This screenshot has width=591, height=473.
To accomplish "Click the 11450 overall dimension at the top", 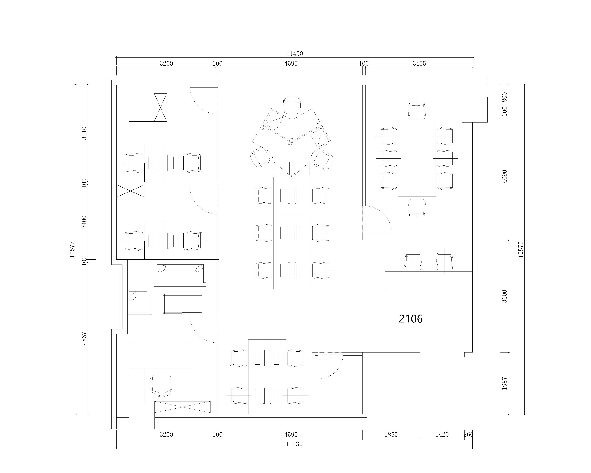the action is pos(295,54).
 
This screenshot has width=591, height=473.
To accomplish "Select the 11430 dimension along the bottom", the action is pos(294,444).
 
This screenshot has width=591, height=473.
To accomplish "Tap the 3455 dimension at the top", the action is pos(419,64).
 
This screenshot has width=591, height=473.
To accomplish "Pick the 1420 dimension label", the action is pos(442,435).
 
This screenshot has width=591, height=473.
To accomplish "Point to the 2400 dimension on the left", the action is pos(84,222).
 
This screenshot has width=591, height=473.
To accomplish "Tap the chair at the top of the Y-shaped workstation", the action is pos(292,105).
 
